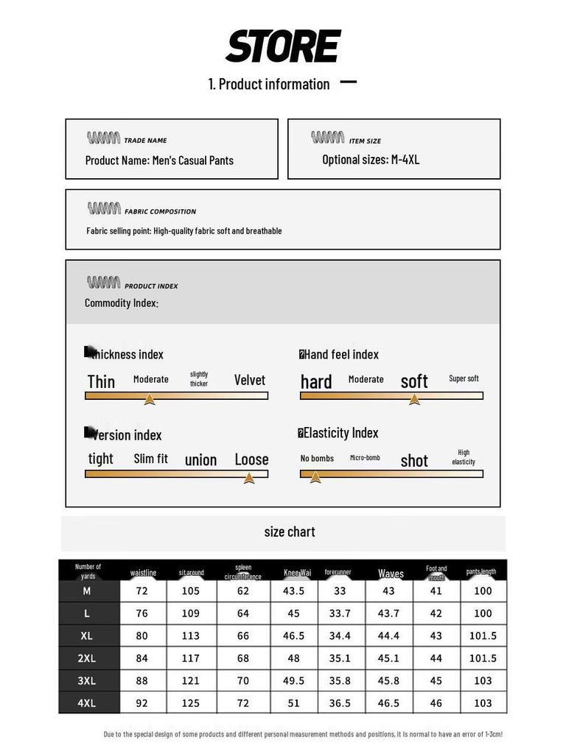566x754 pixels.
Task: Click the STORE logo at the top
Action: point(282,46)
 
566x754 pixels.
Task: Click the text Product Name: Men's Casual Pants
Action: point(159,161)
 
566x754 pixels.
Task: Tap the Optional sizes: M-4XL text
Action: point(371,160)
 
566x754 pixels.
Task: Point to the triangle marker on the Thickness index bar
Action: point(150,399)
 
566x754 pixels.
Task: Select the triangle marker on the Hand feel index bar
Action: point(414,399)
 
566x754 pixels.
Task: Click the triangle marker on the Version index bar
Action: point(249,478)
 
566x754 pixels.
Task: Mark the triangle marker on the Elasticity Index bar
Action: point(315,477)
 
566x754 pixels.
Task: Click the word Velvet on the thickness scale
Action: point(249,380)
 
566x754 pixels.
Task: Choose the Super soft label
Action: point(464,378)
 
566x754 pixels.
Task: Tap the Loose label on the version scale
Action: point(251,459)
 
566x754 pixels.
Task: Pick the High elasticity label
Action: point(464,457)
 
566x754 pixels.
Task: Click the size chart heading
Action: point(289,532)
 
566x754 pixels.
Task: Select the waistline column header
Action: point(143,573)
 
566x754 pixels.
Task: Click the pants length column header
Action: point(481,571)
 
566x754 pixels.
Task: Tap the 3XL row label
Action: point(87,681)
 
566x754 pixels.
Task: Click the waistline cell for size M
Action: point(141,591)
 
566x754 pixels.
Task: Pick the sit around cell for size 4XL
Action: point(191,703)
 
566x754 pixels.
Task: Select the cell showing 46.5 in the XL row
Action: point(293,636)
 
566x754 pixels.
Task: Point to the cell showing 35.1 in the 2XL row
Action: point(340,658)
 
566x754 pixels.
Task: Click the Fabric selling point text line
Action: point(184,231)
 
